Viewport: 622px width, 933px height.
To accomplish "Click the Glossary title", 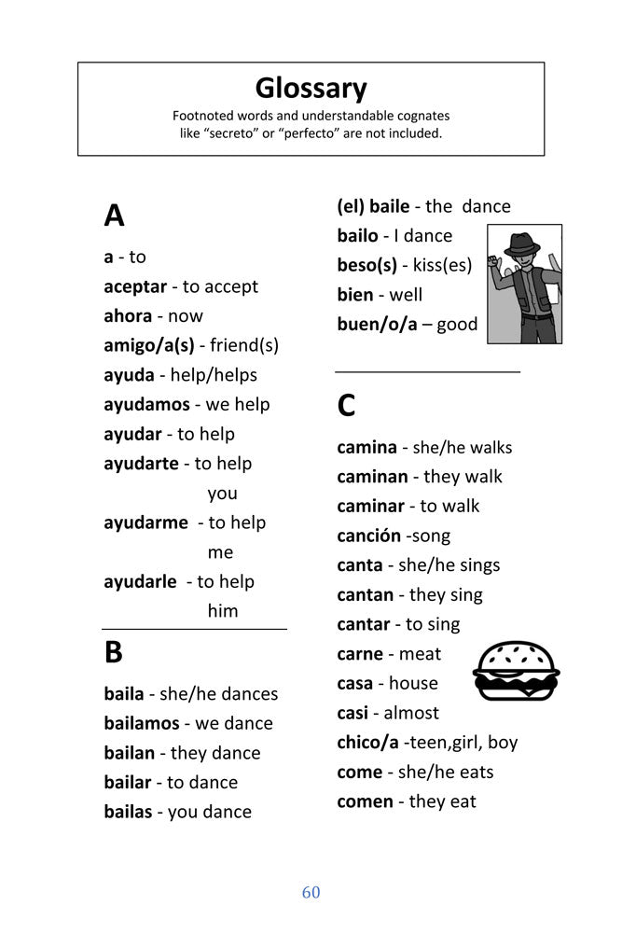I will point(311,88).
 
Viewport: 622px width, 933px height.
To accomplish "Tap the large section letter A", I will point(114,216).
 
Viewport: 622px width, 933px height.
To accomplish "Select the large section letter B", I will point(113,652).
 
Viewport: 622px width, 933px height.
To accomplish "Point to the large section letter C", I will point(346,406).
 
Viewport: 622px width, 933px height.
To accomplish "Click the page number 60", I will point(311,893).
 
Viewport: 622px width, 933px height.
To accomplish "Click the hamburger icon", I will point(516,671).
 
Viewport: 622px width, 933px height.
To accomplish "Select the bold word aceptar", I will point(135,286).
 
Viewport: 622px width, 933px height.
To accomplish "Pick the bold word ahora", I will point(128,316).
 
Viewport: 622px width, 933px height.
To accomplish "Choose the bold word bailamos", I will point(143,723).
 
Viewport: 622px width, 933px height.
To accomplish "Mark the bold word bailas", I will point(128,812).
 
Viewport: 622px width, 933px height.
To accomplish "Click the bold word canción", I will point(368,536).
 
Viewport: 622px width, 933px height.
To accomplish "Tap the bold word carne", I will point(361,654).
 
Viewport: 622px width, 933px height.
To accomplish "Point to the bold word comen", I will point(365,801).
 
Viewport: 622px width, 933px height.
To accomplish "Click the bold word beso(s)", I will point(367,265).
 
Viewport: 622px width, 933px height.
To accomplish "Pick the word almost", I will point(411,713).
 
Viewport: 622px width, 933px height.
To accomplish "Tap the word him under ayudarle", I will point(223,611).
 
